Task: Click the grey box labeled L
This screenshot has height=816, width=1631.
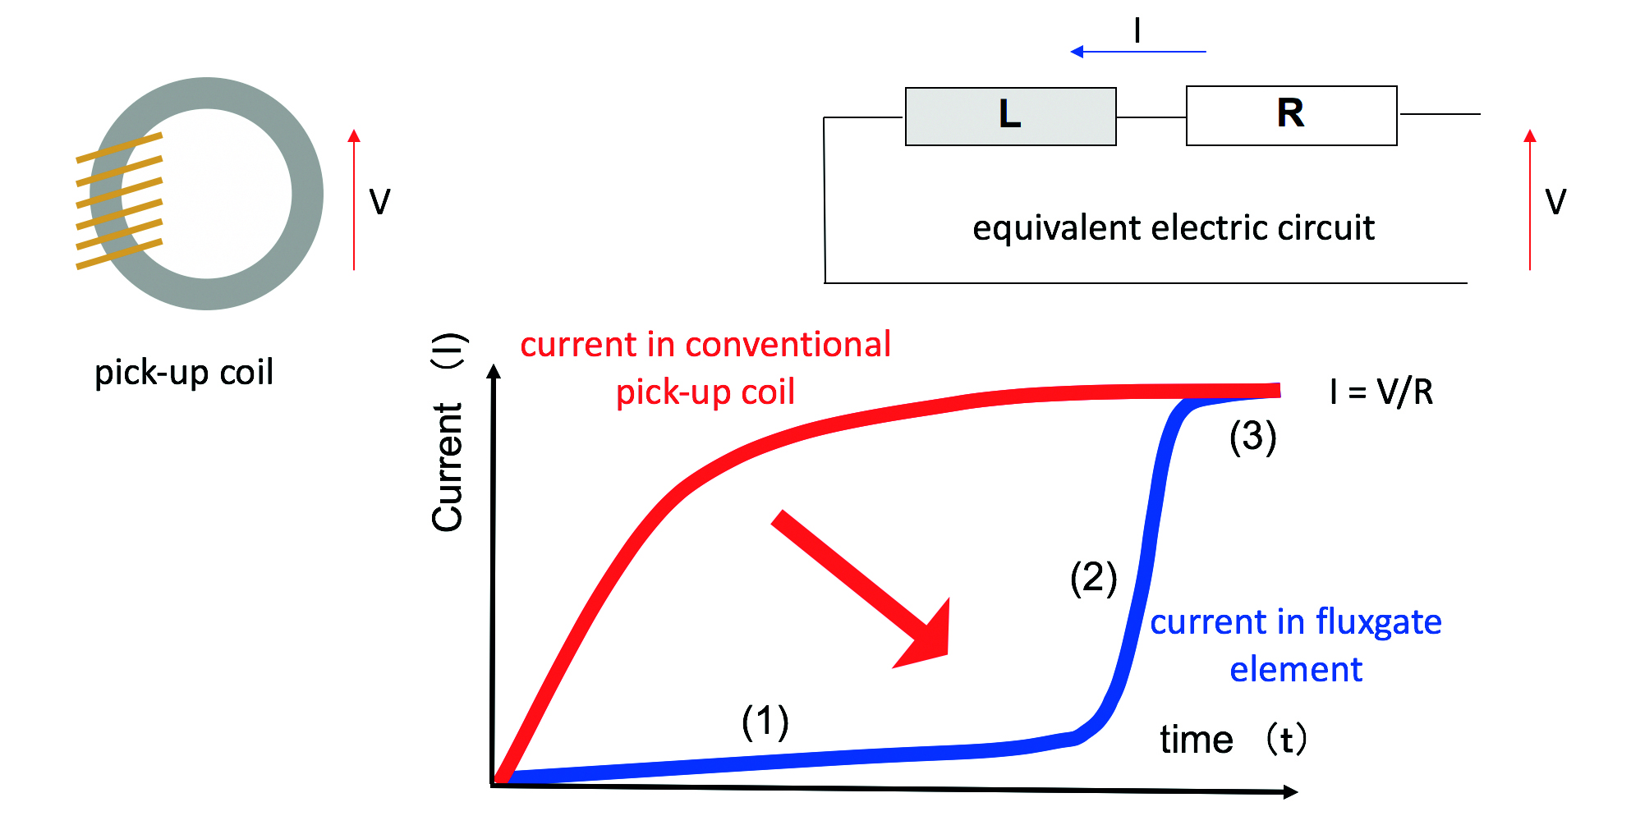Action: point(1010,117)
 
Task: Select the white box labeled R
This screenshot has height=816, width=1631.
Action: point(1291,116)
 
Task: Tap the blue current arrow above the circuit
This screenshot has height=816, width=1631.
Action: point(1137,52)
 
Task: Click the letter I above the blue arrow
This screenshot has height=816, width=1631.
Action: point(1137,31)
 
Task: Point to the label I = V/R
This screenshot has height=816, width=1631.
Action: point(1381,392)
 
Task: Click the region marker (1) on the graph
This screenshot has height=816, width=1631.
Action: point(765,722)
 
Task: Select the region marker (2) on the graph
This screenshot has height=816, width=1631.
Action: point(1093,578)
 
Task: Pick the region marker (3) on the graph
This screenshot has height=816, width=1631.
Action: point(1252,436)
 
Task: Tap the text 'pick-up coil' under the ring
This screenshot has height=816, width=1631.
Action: point(184,373)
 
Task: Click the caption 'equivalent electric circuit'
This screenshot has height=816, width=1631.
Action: point(1173,228)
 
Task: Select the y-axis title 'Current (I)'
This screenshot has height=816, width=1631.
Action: point(448,432)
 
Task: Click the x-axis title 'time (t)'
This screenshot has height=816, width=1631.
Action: point(1233,740)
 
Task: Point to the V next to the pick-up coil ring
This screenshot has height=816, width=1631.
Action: point(379,202)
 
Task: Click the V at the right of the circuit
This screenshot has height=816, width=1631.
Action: point(1555,202)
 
